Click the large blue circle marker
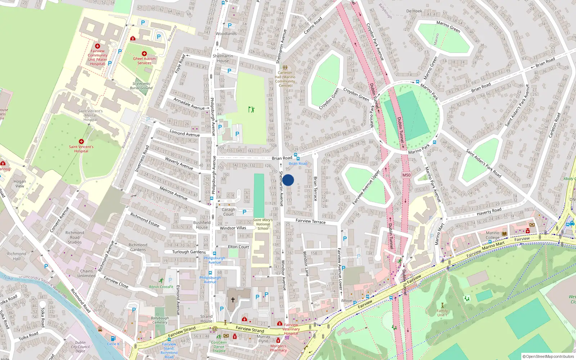click(x=288, y=180)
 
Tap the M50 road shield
click(x=406, y=175)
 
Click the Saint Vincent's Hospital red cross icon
click(x=81, y=141)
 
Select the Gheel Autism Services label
click(x=144, y=61)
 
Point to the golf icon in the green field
click(x=251, y=109)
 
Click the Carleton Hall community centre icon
click(x=285, y=67)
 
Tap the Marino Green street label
click(x=448, y=27)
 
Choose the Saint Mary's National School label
click(x=263, y=224)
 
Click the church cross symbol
click(x=233, y=300)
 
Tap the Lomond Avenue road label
click(x=185, y=133)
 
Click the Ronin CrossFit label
click(x=161, y=287)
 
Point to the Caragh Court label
click(x=228, y=212)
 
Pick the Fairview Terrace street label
click(x=310, y=221)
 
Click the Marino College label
click(x=492, y=235)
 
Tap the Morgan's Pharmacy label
click(x=278, y=348)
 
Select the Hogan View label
click(x=20, y=184)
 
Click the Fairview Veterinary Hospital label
click(x=291, y=329)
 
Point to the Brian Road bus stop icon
click(x=297, y=158)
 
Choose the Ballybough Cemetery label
click(x=159, y=320)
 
